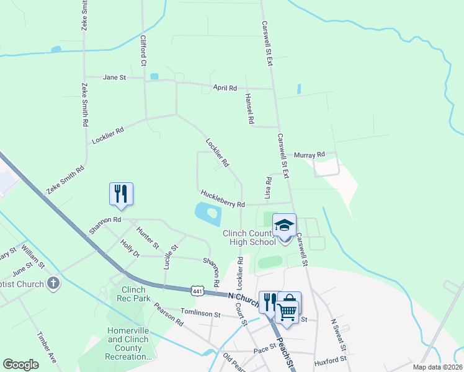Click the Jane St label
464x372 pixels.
(115, 77)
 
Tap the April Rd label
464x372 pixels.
(225, 88)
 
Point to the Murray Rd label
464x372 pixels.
(310, 154)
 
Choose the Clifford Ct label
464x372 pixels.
(143, 51)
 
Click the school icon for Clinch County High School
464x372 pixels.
(284, 225)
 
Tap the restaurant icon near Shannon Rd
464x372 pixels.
(121, 193)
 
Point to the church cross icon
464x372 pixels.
(53, 284)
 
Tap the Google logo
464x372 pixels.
(20, 365)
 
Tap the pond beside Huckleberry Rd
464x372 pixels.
(208, 214)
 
